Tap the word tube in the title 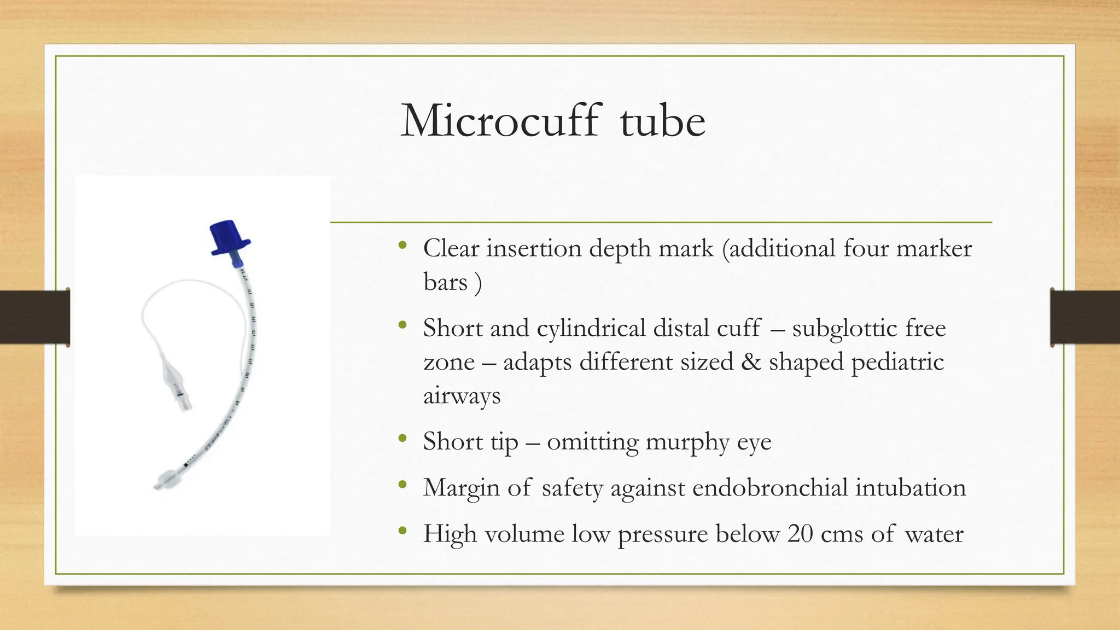point(662,121)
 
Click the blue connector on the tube point(230,238)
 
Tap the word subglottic point(844,329)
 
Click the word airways point(462,395)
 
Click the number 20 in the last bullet point(800,534)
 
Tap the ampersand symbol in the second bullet point(751,362)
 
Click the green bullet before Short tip point(403,439)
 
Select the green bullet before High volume point(403,530)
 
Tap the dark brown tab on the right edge point(1085,317)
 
